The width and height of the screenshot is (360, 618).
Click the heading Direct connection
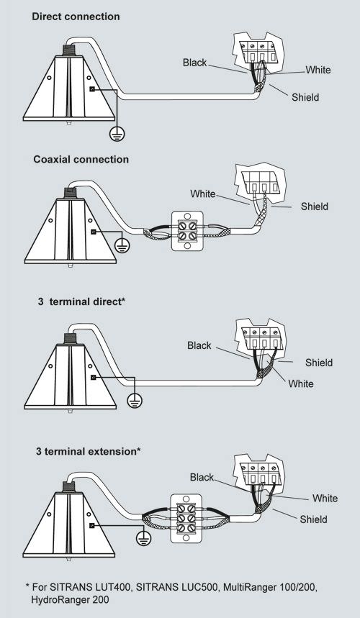coord(76,17)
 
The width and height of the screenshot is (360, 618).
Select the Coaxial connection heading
coord(81,159)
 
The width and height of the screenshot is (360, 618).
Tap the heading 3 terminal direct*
coord(81,301)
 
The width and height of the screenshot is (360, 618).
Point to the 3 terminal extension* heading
coord(89,451)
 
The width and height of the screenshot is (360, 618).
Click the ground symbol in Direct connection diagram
coord(117,135)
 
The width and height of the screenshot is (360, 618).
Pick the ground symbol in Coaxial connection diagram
coord(122,246)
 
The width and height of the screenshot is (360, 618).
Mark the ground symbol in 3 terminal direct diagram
coord(135,401)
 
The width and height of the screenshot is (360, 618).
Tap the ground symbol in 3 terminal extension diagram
coord(143,538)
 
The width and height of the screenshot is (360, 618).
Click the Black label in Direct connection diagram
coord(195,63)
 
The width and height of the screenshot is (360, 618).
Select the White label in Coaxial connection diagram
coord(203,194)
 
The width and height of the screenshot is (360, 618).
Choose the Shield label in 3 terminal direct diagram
coord(319,363)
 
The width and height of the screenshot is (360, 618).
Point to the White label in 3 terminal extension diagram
coord(325,498)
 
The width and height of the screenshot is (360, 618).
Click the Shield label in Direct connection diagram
coord(305,97)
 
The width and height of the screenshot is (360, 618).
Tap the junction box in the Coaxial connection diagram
coord(187,231)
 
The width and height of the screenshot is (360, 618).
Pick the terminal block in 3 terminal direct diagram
coord(263,338)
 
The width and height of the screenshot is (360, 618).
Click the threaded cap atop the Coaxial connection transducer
coord(70,193)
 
